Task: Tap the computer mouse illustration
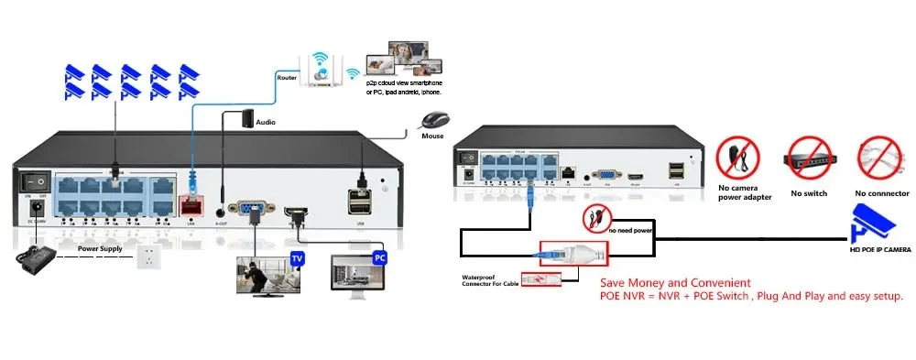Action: (434, 120)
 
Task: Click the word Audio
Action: (267, 121)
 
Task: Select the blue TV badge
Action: (297, 259)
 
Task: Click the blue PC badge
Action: (379, 259)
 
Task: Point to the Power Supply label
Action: (101, 248)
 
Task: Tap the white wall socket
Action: (146, 258)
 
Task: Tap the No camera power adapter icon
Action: (737, 158)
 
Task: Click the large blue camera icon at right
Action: (875, 225)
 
